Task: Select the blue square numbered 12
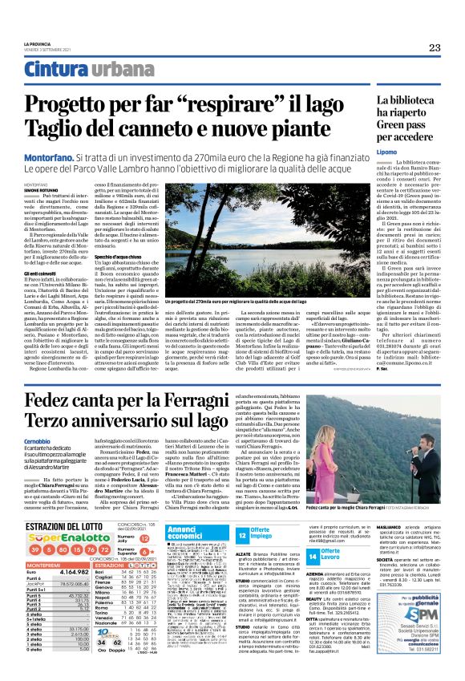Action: pyautogui.click(x=242, y=513)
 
